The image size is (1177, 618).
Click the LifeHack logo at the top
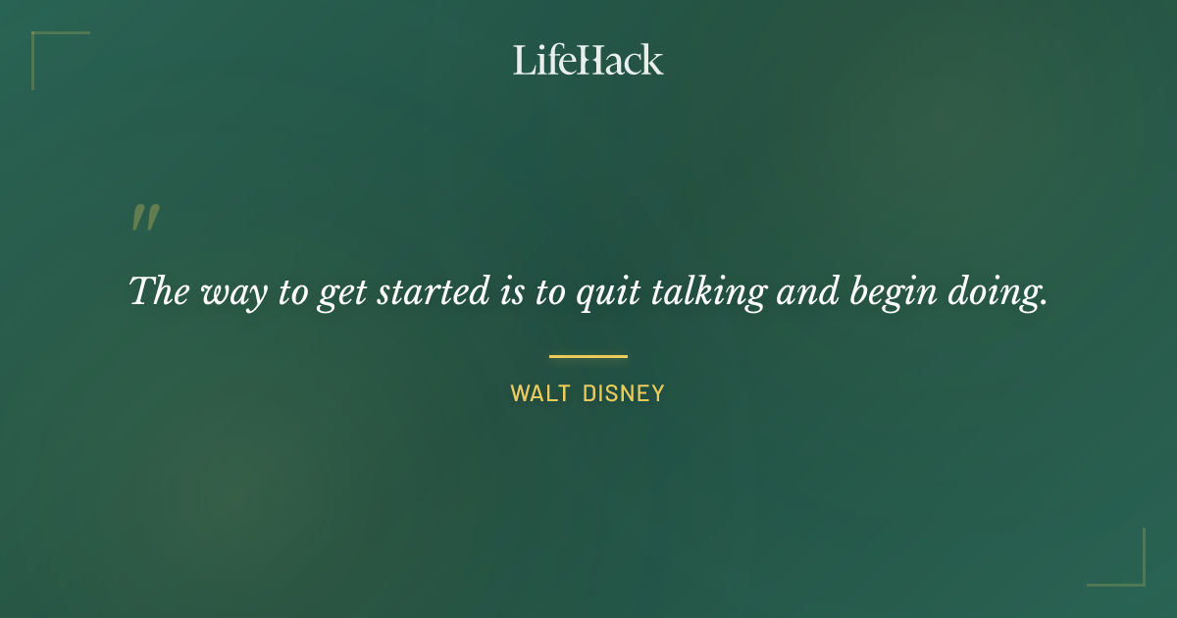588,60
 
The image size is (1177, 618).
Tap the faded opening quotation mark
145,218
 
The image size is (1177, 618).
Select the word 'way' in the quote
228,293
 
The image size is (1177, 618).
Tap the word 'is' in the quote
509,291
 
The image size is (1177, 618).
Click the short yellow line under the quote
588,356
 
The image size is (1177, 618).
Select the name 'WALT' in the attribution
538,394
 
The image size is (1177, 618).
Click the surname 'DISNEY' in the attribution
624,394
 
